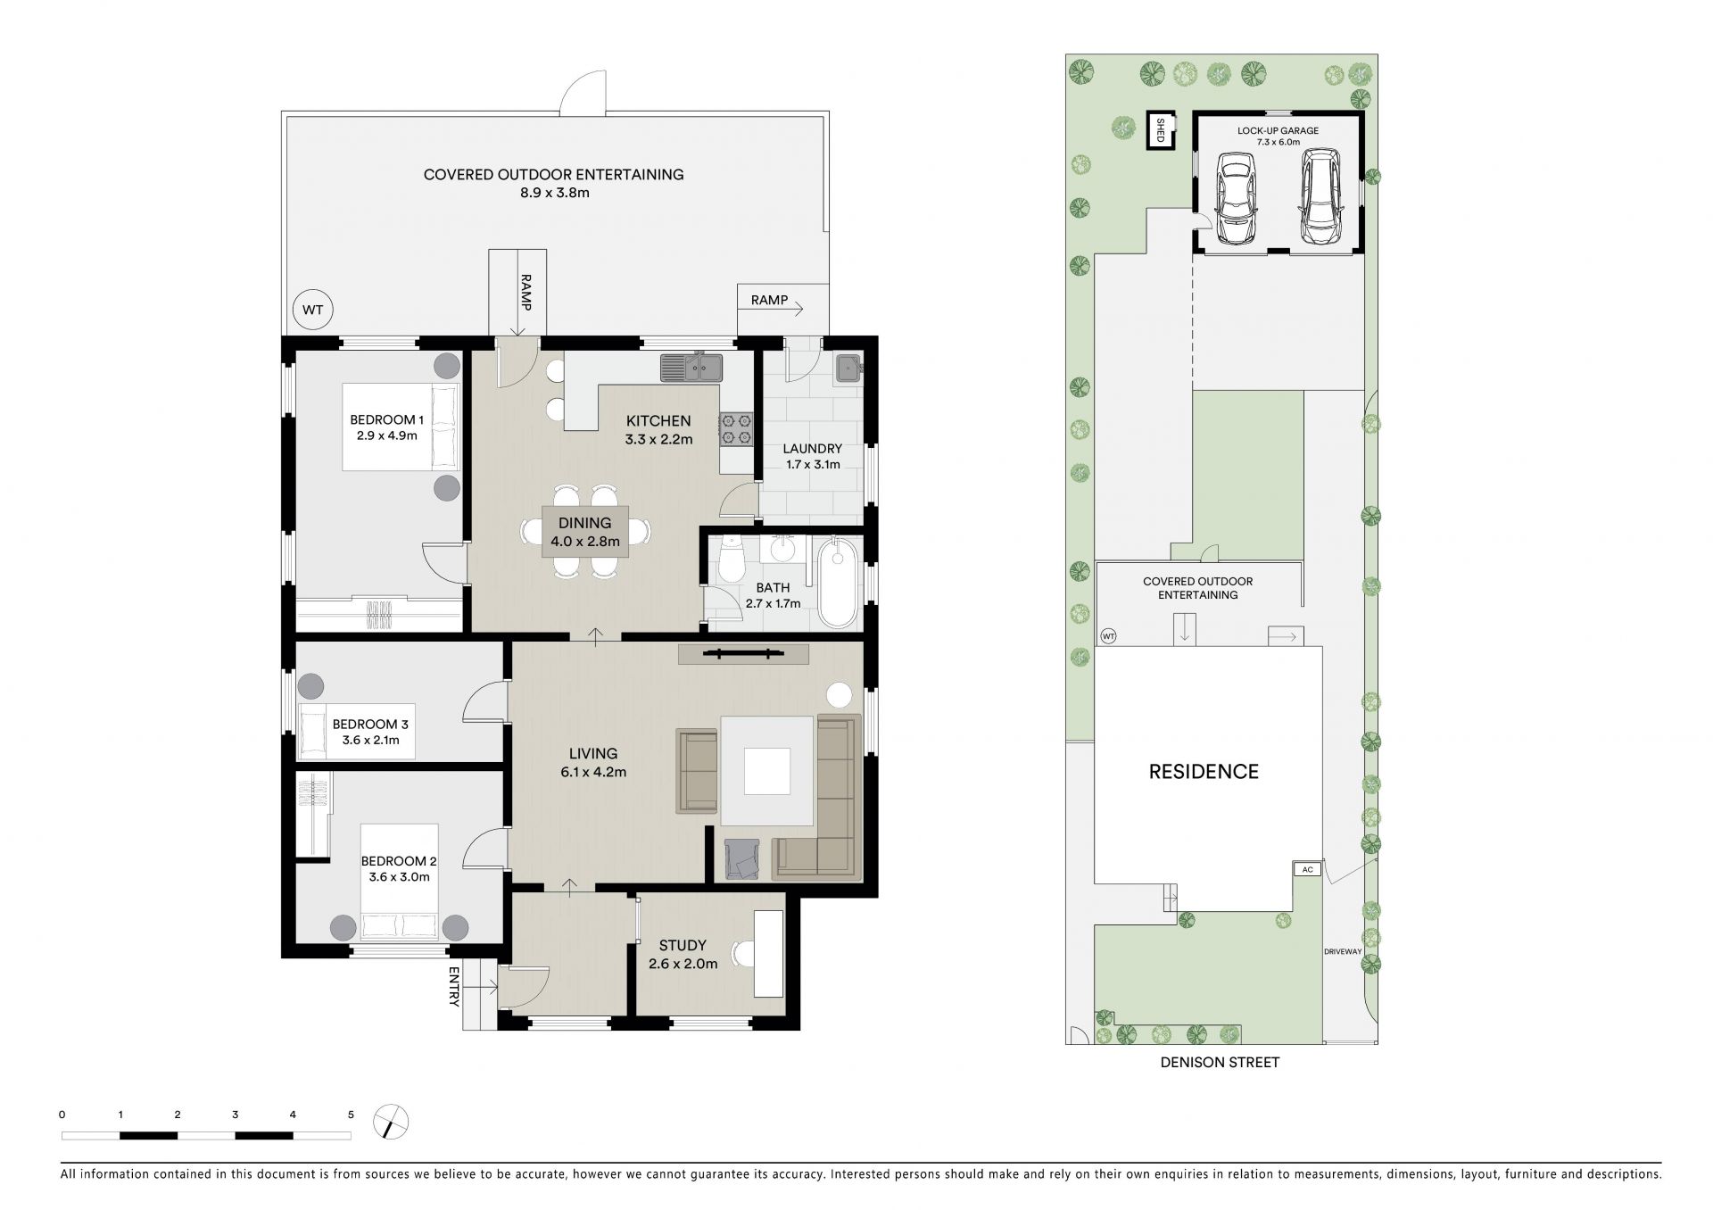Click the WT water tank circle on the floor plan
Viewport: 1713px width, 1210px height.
point(312,311)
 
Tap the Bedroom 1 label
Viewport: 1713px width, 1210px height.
point(386,419)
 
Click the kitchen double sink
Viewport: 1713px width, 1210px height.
point(691,367)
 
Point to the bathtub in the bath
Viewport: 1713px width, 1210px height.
point(837,581)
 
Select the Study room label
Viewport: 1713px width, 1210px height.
point(683,945)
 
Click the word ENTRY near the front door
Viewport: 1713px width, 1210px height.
point(453,986)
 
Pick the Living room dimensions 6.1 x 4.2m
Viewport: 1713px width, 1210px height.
point(593,772)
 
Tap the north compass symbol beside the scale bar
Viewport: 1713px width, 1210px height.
point(392,1122)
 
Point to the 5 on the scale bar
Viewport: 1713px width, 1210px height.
point(351,1115)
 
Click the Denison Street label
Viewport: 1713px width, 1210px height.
point(1220,1063)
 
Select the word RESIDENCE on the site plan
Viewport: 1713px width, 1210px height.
point(1204,772)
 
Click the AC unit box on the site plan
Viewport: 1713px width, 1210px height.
point(1307,869)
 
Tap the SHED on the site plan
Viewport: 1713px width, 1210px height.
point(1161,131)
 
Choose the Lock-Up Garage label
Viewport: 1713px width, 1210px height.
point(1278,130)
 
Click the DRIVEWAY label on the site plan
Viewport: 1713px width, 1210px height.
point(1343,952)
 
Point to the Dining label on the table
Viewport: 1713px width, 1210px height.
point(585,524)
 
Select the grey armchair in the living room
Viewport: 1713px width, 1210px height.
point(741,859)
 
